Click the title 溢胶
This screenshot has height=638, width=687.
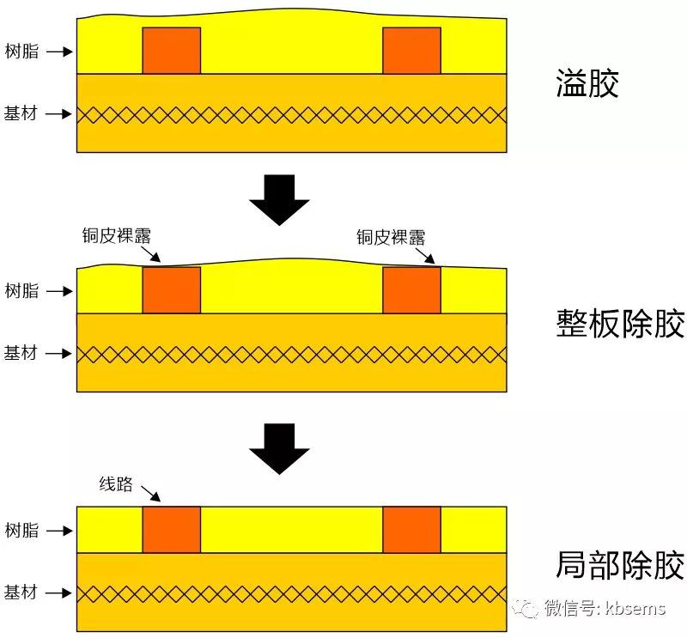[587, 85]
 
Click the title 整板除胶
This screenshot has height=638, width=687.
[621, 324]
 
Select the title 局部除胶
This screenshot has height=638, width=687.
[621, 565]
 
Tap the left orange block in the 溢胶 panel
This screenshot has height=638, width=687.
[172, 51]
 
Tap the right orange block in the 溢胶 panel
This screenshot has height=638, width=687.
[411, 51]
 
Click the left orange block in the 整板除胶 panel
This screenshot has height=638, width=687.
[172, 290]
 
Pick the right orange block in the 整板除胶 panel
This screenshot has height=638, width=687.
[411, 290]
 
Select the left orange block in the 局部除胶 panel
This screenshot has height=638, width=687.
[172, 530]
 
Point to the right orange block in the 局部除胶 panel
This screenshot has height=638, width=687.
[411, 530]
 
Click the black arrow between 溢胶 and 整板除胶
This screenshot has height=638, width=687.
[279, 199]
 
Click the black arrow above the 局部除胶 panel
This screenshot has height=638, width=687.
[279, 447]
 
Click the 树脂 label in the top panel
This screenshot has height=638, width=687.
[21, 52]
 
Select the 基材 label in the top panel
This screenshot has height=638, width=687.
[21, 113]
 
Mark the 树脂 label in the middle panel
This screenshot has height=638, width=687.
[21, 291]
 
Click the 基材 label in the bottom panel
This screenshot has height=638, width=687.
[21, 592]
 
